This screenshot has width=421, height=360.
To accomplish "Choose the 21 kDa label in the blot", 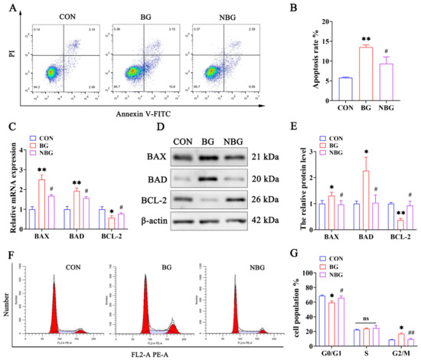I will click(x=262, y=135).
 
